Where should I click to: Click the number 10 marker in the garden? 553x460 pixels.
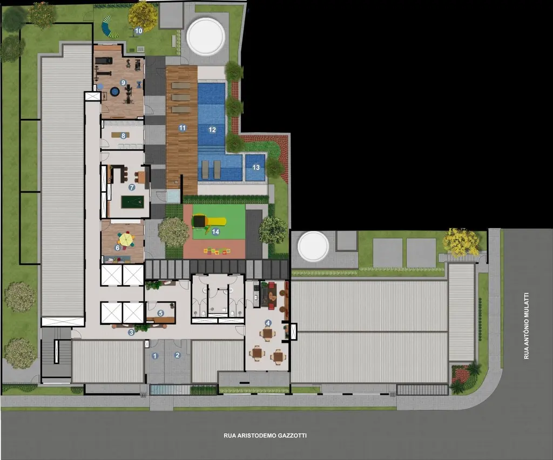(138, 31)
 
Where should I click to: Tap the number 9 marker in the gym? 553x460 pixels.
(123, 83)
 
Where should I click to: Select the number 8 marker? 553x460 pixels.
(123, 136)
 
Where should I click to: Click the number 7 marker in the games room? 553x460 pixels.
(132, 187)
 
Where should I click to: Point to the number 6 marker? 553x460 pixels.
(117, 248)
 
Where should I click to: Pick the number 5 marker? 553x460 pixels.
(160, 313)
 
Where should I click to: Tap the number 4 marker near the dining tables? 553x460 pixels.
(268, 323)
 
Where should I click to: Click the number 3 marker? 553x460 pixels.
(131, 333)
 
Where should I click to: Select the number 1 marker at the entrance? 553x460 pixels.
(155, 355)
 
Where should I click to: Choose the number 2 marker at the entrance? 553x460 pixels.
(177, 355)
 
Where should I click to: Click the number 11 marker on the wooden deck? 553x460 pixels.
(183, 128)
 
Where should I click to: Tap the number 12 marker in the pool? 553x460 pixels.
(212, 130)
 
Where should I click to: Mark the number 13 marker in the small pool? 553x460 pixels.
(256, 167)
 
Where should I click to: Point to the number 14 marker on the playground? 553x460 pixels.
(215, 232)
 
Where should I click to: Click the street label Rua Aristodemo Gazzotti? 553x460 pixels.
(261, 435)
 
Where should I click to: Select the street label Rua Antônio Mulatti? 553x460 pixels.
(527, 326)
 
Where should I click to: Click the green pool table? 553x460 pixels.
(130, 202)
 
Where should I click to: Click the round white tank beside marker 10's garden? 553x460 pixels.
(206, 36)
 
